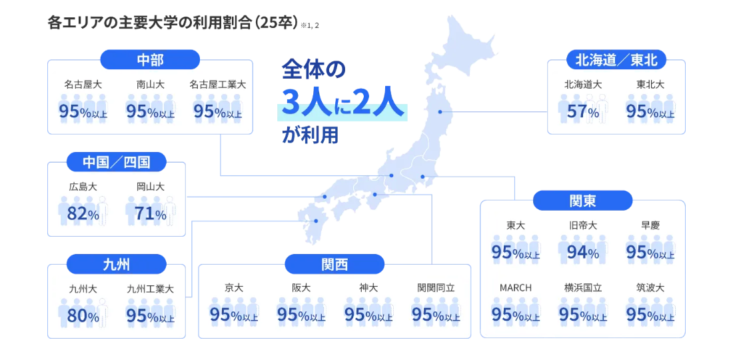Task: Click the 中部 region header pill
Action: coord(150,59)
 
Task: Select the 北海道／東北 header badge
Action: coord(616,59)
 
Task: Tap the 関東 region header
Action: coord(582,201)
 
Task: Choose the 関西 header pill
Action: coord(335,264)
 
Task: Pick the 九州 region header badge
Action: coord(117,264)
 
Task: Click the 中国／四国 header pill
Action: coord(117,162)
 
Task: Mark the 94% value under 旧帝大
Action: coord(582,253)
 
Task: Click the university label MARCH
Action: coord(516,288)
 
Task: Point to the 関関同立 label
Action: coord(436,288)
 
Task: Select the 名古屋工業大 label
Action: coord(217,85)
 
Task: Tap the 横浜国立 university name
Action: coord(582,288)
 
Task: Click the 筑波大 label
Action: coord(650,288)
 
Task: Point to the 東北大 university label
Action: coord(650,85)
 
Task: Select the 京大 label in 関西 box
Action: coord(234,288)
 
